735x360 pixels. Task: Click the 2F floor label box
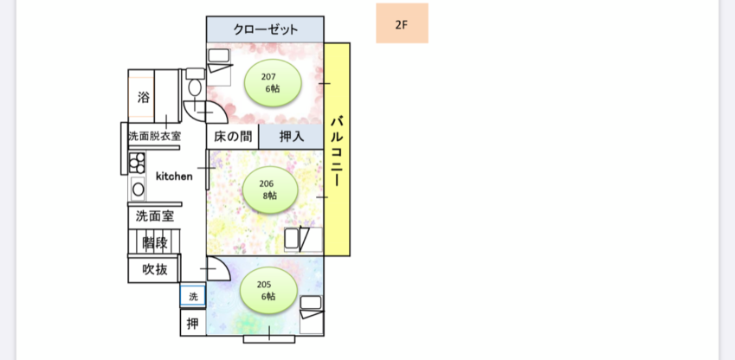[402, 23]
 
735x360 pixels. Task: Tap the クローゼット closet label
[265, 29]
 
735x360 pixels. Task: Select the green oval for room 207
[273, 82]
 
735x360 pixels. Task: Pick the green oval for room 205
[269, 290]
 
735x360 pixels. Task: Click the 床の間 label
[232, 137]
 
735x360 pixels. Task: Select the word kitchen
[174, 176]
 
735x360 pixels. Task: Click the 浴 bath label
[144, 98]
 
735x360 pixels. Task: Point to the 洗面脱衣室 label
[154, 136]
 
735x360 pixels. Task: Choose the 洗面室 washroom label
[153, 215]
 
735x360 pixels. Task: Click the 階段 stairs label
[155, 242]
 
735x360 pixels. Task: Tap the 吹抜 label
[155, 270]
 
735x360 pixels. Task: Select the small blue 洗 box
[193, 296]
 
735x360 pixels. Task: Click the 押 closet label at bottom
[193, 325]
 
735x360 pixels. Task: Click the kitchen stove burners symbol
[137, 162]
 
